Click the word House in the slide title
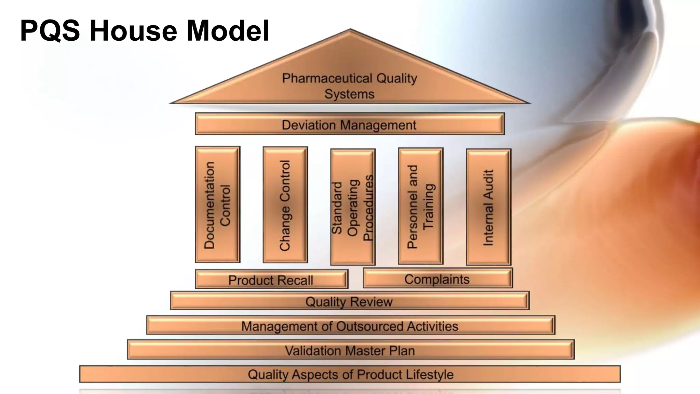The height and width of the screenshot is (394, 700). click(x=133, y=31)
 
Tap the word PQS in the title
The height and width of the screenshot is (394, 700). click(x=50, y=31)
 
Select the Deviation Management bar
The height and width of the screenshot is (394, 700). click(x=349, y=124)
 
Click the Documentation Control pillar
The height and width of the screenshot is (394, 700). click(x=217, y=205)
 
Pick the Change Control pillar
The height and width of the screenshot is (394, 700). click(x=285, y=205)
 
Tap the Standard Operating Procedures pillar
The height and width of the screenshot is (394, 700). click(x=353, y=207)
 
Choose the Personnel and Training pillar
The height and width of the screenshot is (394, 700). click(x=420, y=206)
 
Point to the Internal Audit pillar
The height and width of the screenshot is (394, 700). click(x=488, y=207)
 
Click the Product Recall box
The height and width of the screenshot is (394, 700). click(x=271, y=279)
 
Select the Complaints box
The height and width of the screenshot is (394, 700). click(x=437, y=278)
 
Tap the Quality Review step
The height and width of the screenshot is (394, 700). click(x=349, y=301)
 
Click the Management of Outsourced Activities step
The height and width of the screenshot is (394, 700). click(x=350, y=325)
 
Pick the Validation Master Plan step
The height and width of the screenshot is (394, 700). click(x=350, y=350)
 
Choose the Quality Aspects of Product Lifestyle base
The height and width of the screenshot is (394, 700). click(x=350, y=374)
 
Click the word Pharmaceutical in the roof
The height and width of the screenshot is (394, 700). click(x=327, y=78)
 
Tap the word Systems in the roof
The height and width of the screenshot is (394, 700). click(x=349, y=94)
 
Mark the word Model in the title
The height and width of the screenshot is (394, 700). click(x=228, y=31)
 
